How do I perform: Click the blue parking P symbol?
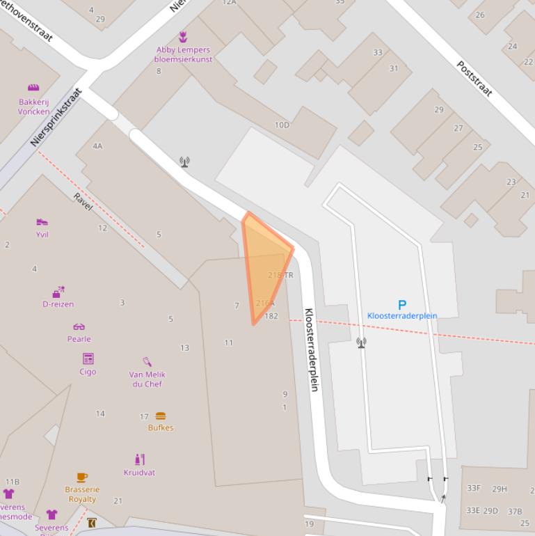(x=401, y=304)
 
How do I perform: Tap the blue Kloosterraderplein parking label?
(x=402, y=315)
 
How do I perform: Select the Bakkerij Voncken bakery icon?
(x=33, y=88)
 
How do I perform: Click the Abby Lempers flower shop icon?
(x=183, y=36)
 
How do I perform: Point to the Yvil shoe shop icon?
(x=42, y=222)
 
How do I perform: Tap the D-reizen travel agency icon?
(x=58, y=292)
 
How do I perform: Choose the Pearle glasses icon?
(x=79, y=326)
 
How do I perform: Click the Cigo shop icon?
(x=88, y=358)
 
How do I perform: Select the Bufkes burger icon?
(x=161, y=416)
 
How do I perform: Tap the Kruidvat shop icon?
(x=139, y=459)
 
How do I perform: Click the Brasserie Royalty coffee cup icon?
(x=81, y=477)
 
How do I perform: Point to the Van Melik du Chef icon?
(x=147, y=362)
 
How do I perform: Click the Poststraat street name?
(x=474, y=78)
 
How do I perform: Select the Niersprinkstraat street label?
(x=56, y=117)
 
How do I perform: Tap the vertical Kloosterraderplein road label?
(x=310, y=349)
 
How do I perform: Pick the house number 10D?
(x=282, y=125)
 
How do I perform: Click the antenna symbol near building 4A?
(x=184, y=161)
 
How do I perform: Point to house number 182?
(x=271, y=316)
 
